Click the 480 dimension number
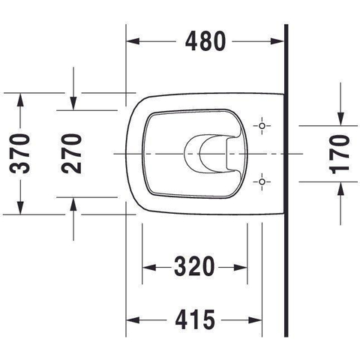pos(205,41)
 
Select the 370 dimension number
pos(19,153)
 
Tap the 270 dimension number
pos(71,153)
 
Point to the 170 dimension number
pos(339,154)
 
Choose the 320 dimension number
pos(194,267)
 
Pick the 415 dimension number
pos(195,319)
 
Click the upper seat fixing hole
pos(262,126)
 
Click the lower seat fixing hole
pos(262,181)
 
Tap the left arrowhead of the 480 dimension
pos(133,41)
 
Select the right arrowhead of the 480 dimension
pos(277,41)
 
